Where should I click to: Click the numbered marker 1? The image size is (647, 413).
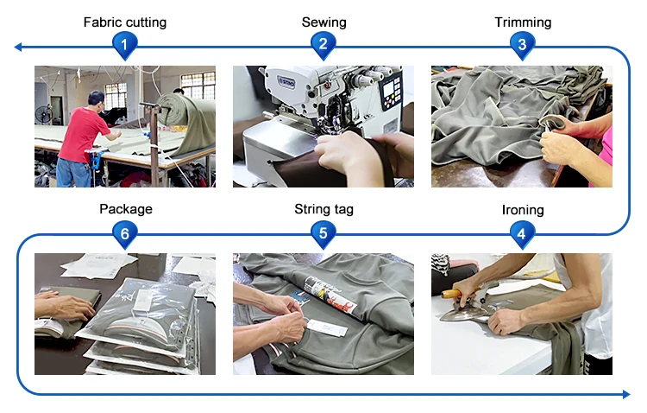tap(124, 45)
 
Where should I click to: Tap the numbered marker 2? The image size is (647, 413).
tap(323, 45)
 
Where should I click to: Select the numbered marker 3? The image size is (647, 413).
tap(523, 45)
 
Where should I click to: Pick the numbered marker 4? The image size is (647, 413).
tap(523, 234)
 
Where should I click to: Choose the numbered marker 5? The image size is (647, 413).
tap(323, 234)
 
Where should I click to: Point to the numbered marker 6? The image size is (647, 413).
tap(125, 234)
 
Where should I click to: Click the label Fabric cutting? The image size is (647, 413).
tap(125, 22)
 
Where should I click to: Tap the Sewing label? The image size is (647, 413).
tap(323, 22)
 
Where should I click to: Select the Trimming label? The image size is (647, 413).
tap(523, 22)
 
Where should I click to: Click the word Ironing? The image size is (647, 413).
tap(523, 210)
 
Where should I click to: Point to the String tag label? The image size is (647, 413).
tap(323, 209)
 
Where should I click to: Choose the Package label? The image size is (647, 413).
tap(126, 209)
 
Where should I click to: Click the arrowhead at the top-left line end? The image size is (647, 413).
tap(18, 48)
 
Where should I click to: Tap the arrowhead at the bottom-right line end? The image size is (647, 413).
tap(626, 394)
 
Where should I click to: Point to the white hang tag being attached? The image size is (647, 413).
tap(327, 328)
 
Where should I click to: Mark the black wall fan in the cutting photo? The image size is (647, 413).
tap(44, 114)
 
